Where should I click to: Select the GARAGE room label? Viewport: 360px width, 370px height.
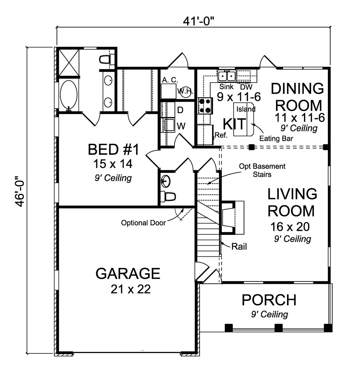pos(128,273)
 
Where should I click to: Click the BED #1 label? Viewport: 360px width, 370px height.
pos(113,150)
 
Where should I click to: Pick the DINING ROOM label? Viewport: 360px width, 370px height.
pos(298,97)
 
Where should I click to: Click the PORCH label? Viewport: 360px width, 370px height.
pos(269,300)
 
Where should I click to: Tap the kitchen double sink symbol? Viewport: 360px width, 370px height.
pos(227,76)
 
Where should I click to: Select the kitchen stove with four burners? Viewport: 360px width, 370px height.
pos(205,105)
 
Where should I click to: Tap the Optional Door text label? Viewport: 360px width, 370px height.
pos(143,223)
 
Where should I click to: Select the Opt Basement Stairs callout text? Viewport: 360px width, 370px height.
pos(262,170)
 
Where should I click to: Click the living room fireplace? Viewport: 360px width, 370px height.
pos(233,217)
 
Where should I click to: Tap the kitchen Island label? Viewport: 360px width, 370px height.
pos(246,109)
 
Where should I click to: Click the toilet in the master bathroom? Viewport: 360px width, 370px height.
pos(107,59)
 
